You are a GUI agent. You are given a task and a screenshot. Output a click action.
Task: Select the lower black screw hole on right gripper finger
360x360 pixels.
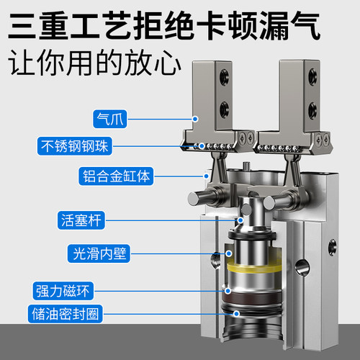[313, 110]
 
